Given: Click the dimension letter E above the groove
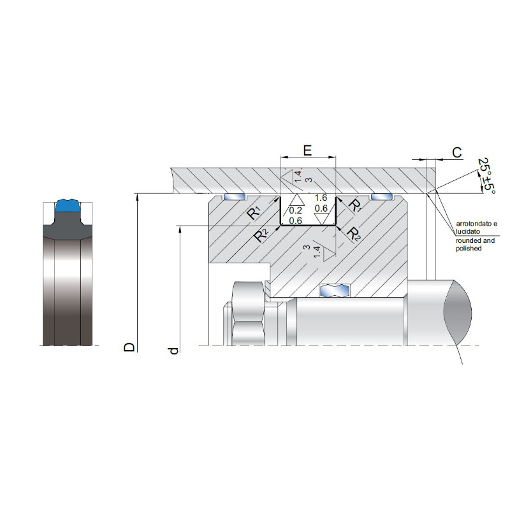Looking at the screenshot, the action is tap(307, 150).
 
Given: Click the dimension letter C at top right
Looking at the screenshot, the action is tap(457, 152).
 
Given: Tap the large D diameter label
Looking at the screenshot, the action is tap(129, 347).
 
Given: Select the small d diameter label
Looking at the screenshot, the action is tap(174, 351).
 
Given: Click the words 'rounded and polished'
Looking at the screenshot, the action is tap(475, 244).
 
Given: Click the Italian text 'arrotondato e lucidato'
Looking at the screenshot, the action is tap(476, 228).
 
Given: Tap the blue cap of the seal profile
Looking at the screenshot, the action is tap(67, 205).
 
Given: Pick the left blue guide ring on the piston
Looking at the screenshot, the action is tap(234, 197).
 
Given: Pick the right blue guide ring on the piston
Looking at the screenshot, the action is tap(382, 197).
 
